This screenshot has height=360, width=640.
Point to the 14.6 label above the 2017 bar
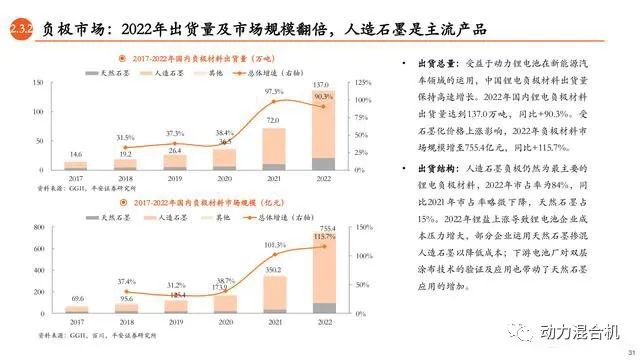[76, 154]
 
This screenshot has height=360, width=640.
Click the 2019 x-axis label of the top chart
[175, 177]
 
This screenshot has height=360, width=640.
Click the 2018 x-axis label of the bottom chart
[126, 325]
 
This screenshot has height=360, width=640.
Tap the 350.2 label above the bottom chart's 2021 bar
[273, 270]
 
